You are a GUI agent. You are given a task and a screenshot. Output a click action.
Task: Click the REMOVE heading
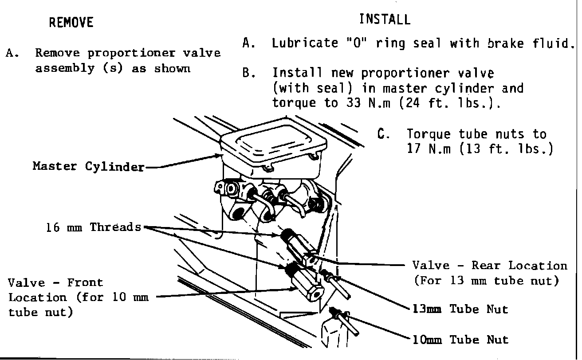[x=71, y=22]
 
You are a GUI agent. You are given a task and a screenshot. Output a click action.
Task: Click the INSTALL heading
[x=385, y=20]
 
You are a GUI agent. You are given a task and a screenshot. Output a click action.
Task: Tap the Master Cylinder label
[x=88, y=167]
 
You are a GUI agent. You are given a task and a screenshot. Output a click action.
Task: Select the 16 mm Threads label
[x=93, y=227]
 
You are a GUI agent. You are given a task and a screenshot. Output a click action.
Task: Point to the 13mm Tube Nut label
[x=460, y=309]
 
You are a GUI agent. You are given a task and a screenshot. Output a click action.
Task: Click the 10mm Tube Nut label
[x=460, y=340]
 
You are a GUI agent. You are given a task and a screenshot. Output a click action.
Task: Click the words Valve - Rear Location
[x=490, y=266]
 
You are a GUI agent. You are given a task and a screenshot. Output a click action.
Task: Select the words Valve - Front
[x=55, y=282]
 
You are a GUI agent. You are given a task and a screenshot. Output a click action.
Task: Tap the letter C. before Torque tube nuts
[x=383, y=134]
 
